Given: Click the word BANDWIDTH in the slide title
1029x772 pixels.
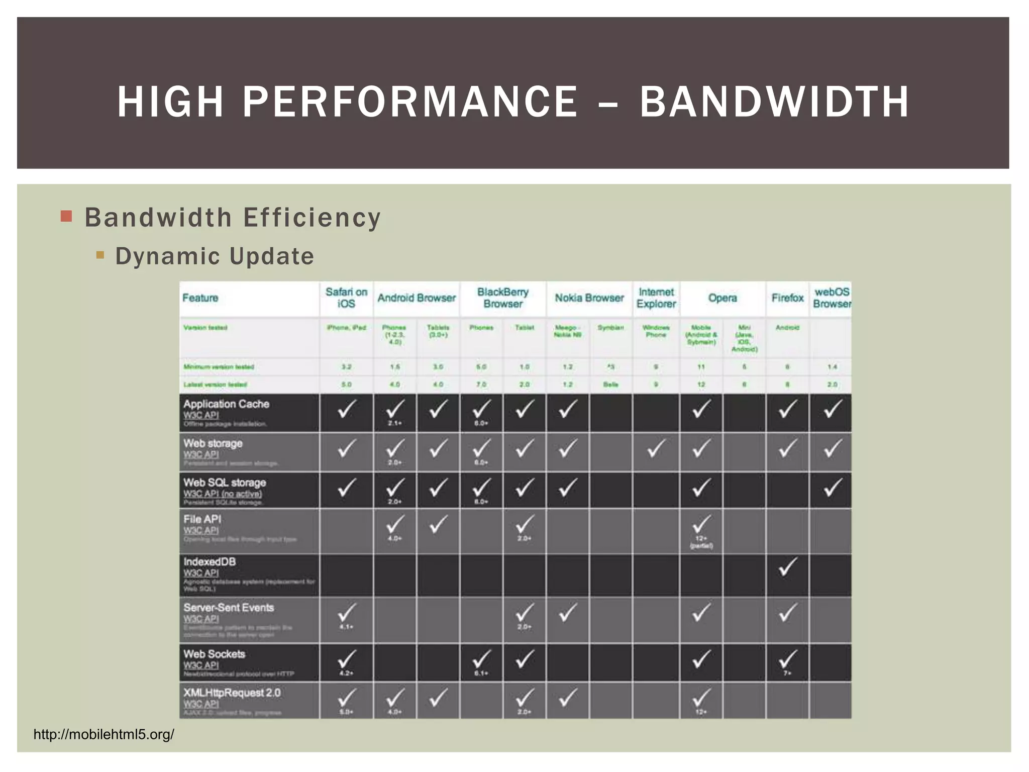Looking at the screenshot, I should (774, 102).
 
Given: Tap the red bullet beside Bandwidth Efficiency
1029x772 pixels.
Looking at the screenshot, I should (66, 217).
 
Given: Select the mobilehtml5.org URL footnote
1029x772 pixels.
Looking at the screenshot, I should (104, 734).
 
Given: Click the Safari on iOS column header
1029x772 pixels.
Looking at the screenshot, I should (346, 298).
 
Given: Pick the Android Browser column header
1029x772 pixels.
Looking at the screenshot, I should (417, 298).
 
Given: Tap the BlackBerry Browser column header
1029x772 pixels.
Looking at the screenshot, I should (502, 298).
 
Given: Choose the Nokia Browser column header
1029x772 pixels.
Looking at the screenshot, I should (589, 298).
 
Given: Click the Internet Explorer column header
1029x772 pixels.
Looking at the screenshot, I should (656, 298).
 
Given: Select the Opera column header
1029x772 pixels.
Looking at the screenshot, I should (722, 298).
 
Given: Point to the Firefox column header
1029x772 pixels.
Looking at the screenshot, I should (787, 298).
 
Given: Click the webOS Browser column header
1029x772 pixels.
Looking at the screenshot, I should (832, 298).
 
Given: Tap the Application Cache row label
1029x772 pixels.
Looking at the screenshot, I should (226, 404).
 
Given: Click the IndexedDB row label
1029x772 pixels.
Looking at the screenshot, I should (210, 562).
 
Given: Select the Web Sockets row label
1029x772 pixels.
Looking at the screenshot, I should (214, 654).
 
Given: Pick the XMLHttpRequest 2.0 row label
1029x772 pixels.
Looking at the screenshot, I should (232, 693).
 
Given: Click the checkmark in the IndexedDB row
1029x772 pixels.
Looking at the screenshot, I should (787, 567).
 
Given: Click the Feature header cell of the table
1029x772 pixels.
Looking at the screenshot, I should (200, 298).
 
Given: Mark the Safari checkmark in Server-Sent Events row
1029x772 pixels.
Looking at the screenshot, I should (346, 613).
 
